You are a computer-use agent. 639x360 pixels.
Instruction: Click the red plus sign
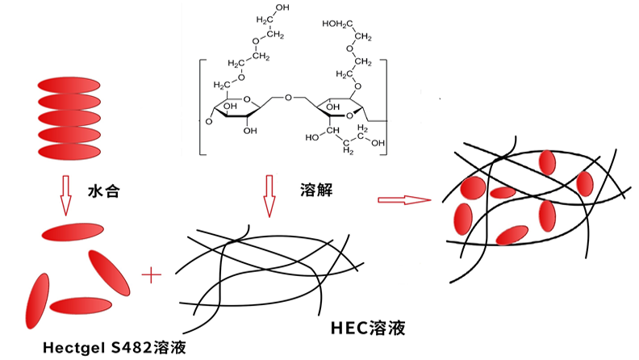coord(151,276)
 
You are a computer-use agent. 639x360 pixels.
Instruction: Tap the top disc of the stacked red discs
coord(69,86)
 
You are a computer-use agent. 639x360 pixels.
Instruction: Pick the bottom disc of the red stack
coord(69,149)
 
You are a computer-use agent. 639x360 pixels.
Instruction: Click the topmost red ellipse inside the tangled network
coord(548,163)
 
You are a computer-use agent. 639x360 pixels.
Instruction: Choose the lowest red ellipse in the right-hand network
coord(512,235)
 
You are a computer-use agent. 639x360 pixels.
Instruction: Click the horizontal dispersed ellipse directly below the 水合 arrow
coord(73,232)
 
